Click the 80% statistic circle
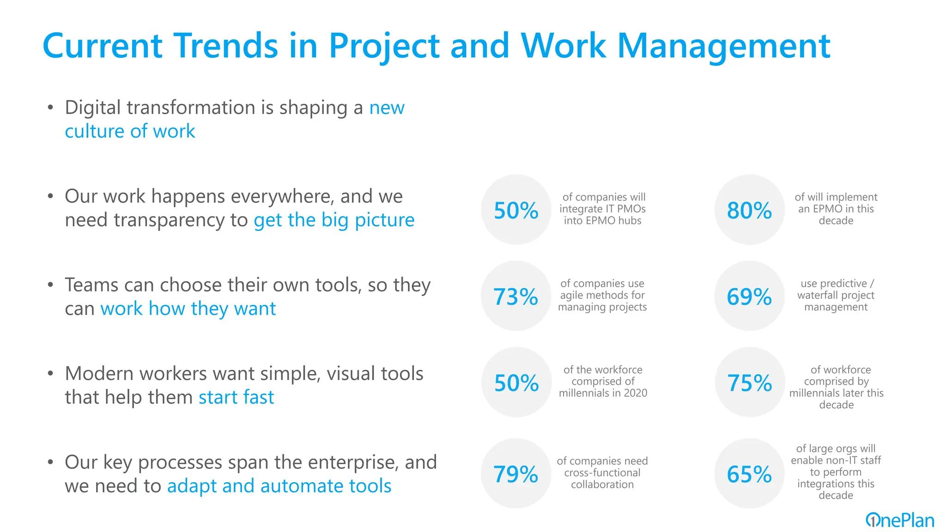pyautogui.click(x=749, y=210)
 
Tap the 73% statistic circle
pyautogui.click(x=516, y=296)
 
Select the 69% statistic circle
pyautogui.click(x=749, y=296)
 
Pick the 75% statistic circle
pyautogui.click(x=749, y=382)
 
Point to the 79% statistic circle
pyautogui.click(x=516, y=473)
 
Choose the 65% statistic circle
pyautogui.click(x=749, y=473)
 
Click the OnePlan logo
pyautogui.click(x=899, y=520)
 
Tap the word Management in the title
pyautogui.click(x=723, y=46)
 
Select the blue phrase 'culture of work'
pyautogui.click(x=130, y=131)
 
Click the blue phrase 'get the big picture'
pyautogui.click(x=334, y=220)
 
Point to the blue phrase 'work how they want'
pyautogui.click(x=188, y=308)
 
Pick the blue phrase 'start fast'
pyautogui.click(x=236, y=397)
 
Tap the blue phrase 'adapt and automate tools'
pyautogui.click(x=279, y=486)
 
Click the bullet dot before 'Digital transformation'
pyautogui.click(x=50, y=108)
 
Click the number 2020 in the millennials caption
pyautogui.click(x=635, y=393)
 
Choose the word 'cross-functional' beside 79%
pyautogui.click(x=602, y=472)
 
